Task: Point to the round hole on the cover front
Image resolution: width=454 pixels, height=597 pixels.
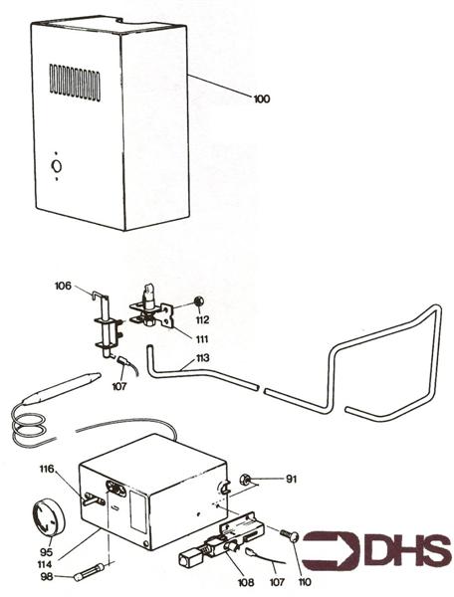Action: click(57, 165)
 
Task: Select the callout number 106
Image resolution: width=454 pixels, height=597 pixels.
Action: click(63, 286)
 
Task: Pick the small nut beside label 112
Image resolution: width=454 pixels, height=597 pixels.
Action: click(199, 300)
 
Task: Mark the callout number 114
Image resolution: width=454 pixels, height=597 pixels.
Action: click(46, 564)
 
